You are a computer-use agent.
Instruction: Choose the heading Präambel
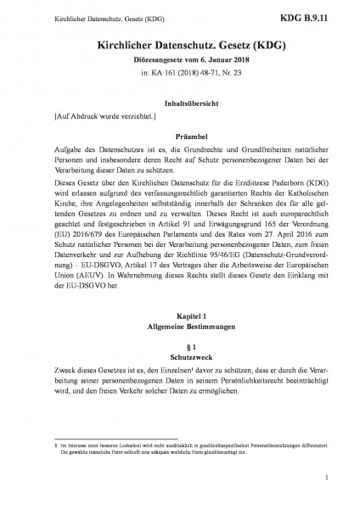pyautogui.click(x=179, y=135)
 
